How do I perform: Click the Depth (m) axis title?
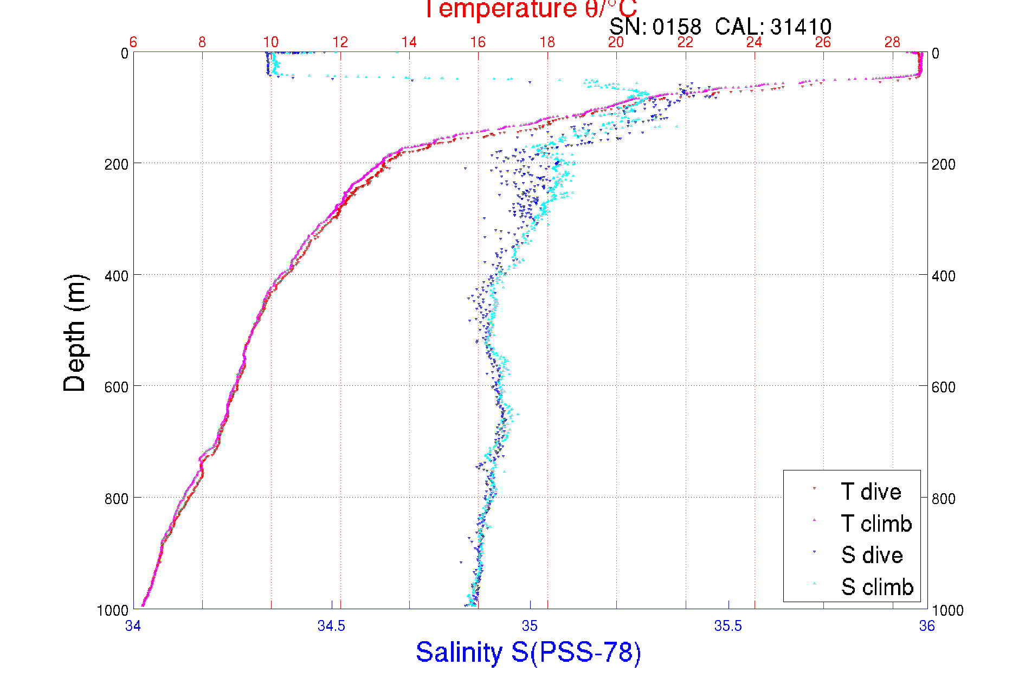tap(75, 332)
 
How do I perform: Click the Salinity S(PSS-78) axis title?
tap(528, 652)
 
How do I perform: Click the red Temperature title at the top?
tap(530, 9)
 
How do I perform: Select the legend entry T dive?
tap(871, 492)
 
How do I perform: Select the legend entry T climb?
tap(876, 524)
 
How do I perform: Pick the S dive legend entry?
tap(872, 555)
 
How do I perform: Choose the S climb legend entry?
tap(877, 587)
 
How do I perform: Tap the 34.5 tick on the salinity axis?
tap(331, 626)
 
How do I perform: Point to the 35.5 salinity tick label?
tap(728, 626)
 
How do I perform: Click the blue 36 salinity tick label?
tap(926, 626)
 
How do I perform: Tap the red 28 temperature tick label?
tap(892, 42)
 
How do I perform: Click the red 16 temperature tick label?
tap(478, 42)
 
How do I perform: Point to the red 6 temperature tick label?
tap(133, 42)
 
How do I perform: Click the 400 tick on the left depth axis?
tap(116, 276)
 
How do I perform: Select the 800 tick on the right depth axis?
tap(943, 498)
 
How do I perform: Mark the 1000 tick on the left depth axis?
tap(113, 610)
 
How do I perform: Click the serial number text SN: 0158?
tap(655, 27)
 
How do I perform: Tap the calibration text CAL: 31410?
tap(773, 27)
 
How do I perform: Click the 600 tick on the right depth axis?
tap(943, 387)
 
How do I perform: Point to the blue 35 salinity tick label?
tap(530, 626)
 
